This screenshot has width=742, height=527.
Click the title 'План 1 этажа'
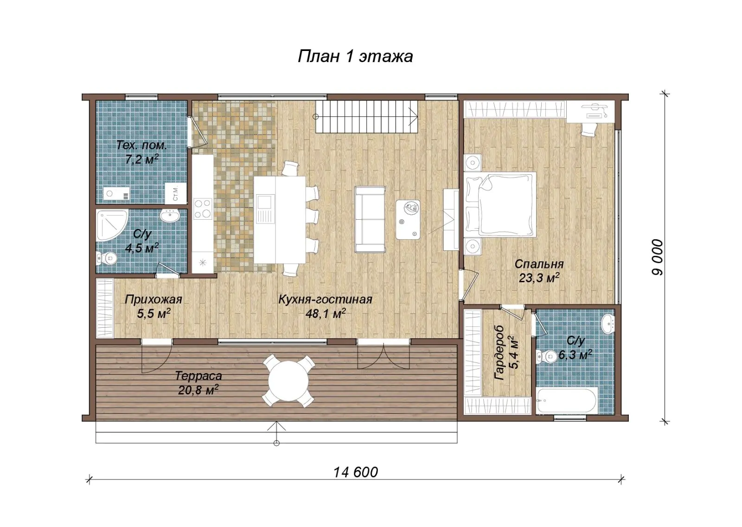click(x=355, y=56)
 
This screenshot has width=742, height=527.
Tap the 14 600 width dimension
click(x=355, y=472)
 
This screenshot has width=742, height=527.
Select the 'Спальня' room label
click(x=539, y=264)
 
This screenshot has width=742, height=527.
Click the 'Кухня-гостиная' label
click(x=325, y=299)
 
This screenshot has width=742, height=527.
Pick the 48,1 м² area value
click(x=326, y=313)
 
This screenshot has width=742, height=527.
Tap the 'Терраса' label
click(x=198, y=376)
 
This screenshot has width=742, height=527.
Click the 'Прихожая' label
click(x=154, y=299)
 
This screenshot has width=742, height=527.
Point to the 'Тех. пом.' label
click(x=142, y=146)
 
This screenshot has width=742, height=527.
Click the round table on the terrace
click(x=288, y=381)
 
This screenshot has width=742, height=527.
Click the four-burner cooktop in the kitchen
click(x=203, y=209)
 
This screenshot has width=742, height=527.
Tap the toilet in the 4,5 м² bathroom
click(x=107, y=258)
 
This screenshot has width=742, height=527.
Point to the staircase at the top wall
click(x=366, y=116)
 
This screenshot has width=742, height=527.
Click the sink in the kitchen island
click(x=265, y=209)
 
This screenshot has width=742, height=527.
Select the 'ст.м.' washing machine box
click(x=174, y=193)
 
